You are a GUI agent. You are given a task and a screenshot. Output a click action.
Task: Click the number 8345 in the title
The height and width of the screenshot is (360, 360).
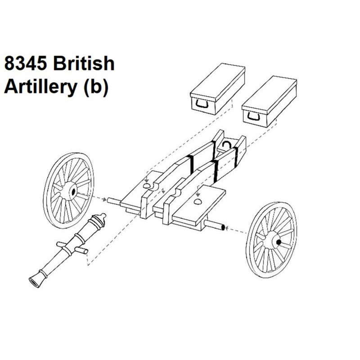point(25,63)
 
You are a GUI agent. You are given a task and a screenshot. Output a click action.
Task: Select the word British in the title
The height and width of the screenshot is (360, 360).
point(84,63)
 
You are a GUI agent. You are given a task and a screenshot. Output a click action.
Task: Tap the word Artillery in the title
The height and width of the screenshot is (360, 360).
point(40,88)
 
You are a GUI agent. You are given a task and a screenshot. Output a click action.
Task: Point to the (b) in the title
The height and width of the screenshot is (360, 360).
point(96,87)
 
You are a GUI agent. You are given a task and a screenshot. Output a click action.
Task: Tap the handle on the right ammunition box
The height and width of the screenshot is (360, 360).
point(253,117)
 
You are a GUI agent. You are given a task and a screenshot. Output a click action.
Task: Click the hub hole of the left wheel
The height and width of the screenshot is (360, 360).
point(74,191)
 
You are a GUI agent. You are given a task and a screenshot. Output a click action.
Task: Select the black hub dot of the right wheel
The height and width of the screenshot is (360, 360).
point(279,242)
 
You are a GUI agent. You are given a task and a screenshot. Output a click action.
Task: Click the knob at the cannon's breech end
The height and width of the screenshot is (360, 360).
point(103,216)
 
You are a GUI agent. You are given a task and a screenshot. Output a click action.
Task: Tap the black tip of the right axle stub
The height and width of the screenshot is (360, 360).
point(222,228)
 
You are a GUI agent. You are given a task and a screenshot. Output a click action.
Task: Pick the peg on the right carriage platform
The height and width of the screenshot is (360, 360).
point(198,202)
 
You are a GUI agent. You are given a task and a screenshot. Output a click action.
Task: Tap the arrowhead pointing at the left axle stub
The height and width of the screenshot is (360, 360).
point(105,200)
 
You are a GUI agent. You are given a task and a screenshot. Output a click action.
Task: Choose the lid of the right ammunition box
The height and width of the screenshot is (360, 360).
point(269,96)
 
